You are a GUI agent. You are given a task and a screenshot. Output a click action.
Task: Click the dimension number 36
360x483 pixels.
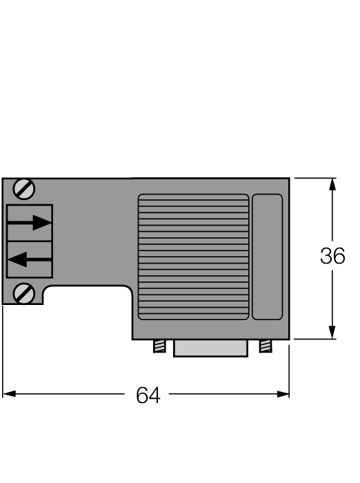tap(332, 257)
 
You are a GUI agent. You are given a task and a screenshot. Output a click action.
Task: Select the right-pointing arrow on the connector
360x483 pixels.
tap(32, 222)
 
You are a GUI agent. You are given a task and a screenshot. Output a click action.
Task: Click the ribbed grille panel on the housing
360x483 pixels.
tap(193, 257)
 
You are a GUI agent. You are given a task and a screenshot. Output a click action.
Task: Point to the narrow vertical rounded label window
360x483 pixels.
tap(267, 257)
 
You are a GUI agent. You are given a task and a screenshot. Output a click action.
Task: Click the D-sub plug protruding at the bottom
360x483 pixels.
tap(210, 348)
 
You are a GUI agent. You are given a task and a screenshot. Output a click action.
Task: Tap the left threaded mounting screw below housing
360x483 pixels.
tap(159, 346)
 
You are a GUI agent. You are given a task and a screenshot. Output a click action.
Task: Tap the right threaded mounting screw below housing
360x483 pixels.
tap(265, 346)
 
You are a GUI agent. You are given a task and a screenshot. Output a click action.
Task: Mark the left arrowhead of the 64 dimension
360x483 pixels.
tap(8, 394)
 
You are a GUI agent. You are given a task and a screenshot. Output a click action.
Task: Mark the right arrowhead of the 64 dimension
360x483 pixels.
tap(283, 394)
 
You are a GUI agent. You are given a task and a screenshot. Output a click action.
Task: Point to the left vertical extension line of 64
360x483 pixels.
tap(3, 352)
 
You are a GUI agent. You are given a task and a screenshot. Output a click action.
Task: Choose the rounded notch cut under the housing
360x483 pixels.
tap(86, 304)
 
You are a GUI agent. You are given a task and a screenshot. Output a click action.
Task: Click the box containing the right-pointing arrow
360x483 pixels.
tap(30, 222)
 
